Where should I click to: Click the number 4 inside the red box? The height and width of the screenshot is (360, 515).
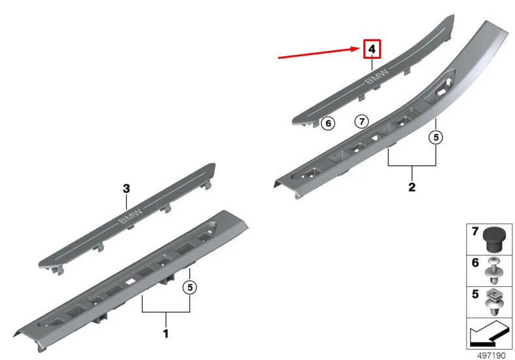pyautogui.click(x=372, y=50)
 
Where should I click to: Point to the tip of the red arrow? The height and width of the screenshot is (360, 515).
pyautogui.click(x=359, y=50)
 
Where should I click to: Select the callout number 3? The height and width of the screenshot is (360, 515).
pyautogui.click(x=127, y=188)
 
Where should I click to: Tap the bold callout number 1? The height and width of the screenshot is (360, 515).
pyautogui.click(x=166, y=334)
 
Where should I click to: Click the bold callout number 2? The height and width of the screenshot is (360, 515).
pyautogui.click(x=412, y=188)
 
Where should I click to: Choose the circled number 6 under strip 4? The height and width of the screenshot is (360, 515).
pyautogui.click(x=329, y=122)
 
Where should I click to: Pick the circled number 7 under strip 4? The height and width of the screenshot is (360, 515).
pyautogui.click(x=362, y=121)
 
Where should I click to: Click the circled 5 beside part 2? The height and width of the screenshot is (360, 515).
pyautogui.click(x=436, y=137)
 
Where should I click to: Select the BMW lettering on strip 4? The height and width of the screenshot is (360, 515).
pyautogui.click(x=376, y=78)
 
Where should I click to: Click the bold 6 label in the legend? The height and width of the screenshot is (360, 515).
pyautogui.click(x=474, y=263)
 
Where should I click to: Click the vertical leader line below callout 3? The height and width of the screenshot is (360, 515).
pyautogui.click(x=127, y=202)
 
